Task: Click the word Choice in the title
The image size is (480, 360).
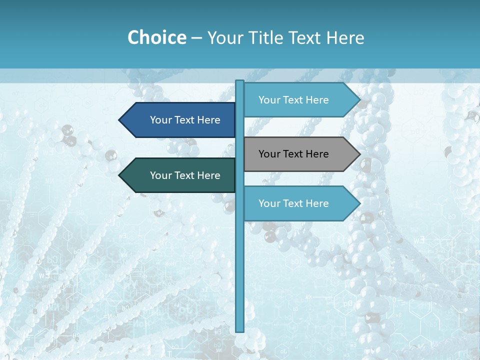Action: (156, 38)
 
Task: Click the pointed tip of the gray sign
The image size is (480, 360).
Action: (359, 154)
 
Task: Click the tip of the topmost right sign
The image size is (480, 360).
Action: (359, 100)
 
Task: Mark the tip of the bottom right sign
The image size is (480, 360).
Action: (359, 203)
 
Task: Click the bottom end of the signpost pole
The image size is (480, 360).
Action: (240, 330)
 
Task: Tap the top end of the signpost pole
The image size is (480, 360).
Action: (240, 81)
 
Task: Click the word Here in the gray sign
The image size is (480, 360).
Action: (316, 154)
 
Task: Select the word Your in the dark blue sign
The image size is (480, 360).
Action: (160, 120)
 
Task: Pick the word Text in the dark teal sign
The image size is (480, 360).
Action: (185, 175)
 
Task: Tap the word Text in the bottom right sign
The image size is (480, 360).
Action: (293, 203)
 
